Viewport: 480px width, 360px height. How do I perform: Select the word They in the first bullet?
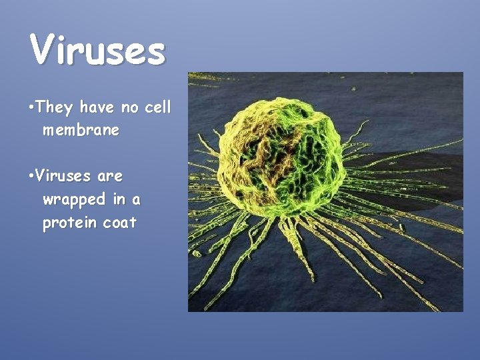[55, 107]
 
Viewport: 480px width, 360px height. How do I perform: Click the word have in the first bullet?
[97, 107]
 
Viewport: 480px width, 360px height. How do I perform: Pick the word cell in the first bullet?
[158, 107]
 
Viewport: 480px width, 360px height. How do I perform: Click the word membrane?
[81, 130]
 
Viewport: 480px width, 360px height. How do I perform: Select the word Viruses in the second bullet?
[64, 177]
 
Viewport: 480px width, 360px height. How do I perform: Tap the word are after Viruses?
[109, 177]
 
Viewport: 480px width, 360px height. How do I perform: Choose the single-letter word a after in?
[136, 200]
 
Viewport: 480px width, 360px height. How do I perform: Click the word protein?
[70, 223]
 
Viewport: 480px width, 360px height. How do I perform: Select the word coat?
[120, 223]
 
